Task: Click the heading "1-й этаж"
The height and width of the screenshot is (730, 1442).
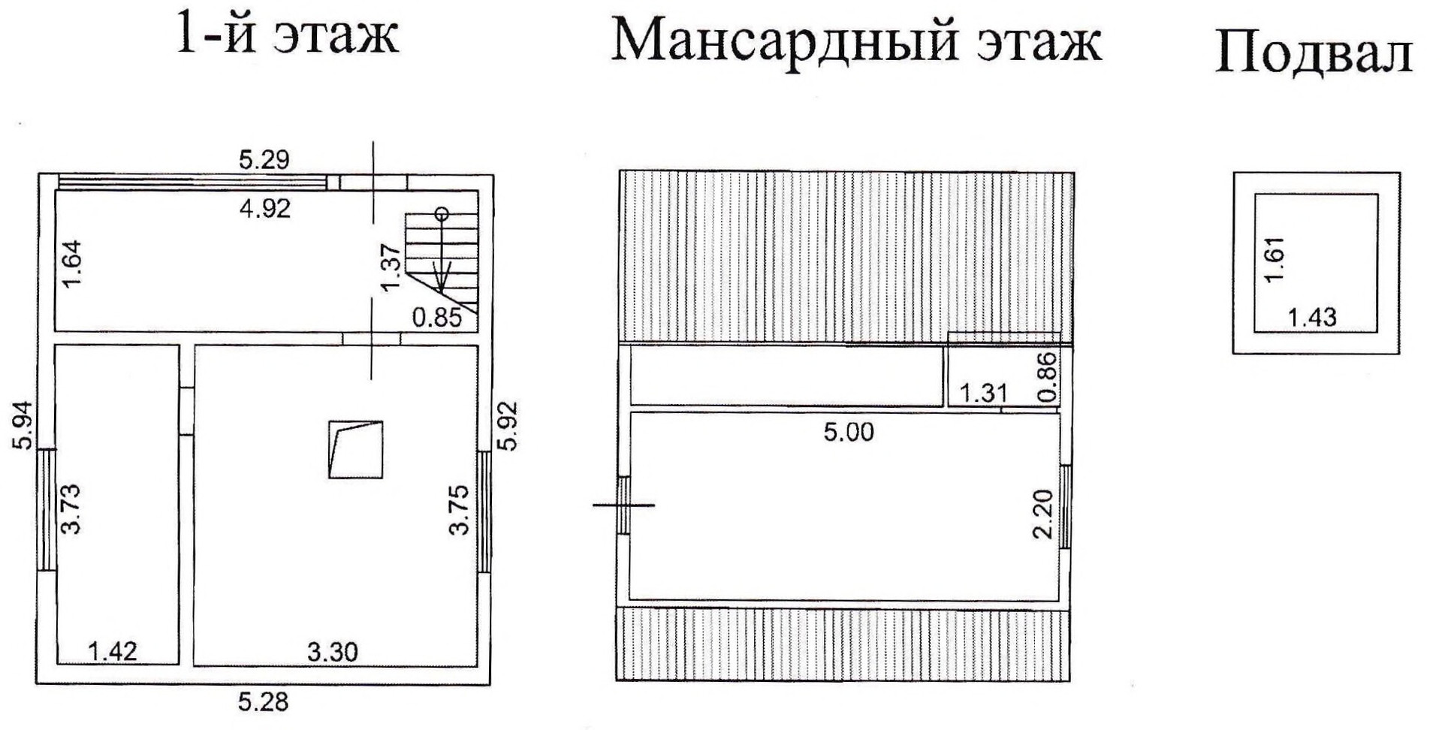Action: [286, 34]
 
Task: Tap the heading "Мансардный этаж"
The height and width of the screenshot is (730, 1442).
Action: [856, 41]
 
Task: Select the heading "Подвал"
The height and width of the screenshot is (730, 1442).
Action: [1314, 53]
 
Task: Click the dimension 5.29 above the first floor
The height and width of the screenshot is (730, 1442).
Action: [264, 159]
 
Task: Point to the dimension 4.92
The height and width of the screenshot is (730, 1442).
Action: [264, 208]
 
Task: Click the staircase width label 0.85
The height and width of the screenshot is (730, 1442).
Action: [436, 318]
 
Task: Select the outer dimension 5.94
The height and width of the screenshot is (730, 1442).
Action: [23, 426]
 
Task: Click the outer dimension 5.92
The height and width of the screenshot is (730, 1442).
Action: [509, 426]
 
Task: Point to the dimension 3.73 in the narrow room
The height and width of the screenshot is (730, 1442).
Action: [71, 508]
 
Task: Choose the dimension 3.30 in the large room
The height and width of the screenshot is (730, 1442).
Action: [333, 651]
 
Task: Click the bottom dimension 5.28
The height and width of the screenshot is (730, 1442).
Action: [263, 702]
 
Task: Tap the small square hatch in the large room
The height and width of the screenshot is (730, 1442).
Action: [356, 450]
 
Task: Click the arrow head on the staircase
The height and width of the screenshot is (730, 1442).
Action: [442, 282]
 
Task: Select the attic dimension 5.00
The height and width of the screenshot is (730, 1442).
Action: [849, 432]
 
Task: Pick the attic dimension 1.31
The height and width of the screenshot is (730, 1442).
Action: [983, 392]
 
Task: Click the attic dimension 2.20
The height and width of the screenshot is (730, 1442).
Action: [1044, 514]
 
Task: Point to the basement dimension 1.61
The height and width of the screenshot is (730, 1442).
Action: [1275, 259]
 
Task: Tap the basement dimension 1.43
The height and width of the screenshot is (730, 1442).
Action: [1312, 317]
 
